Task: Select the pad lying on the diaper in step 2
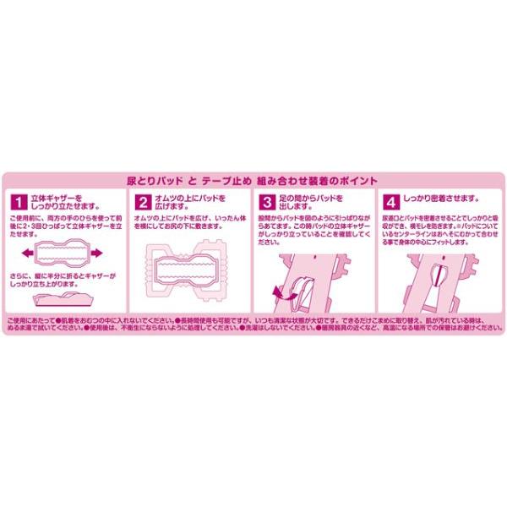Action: [187, 266]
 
